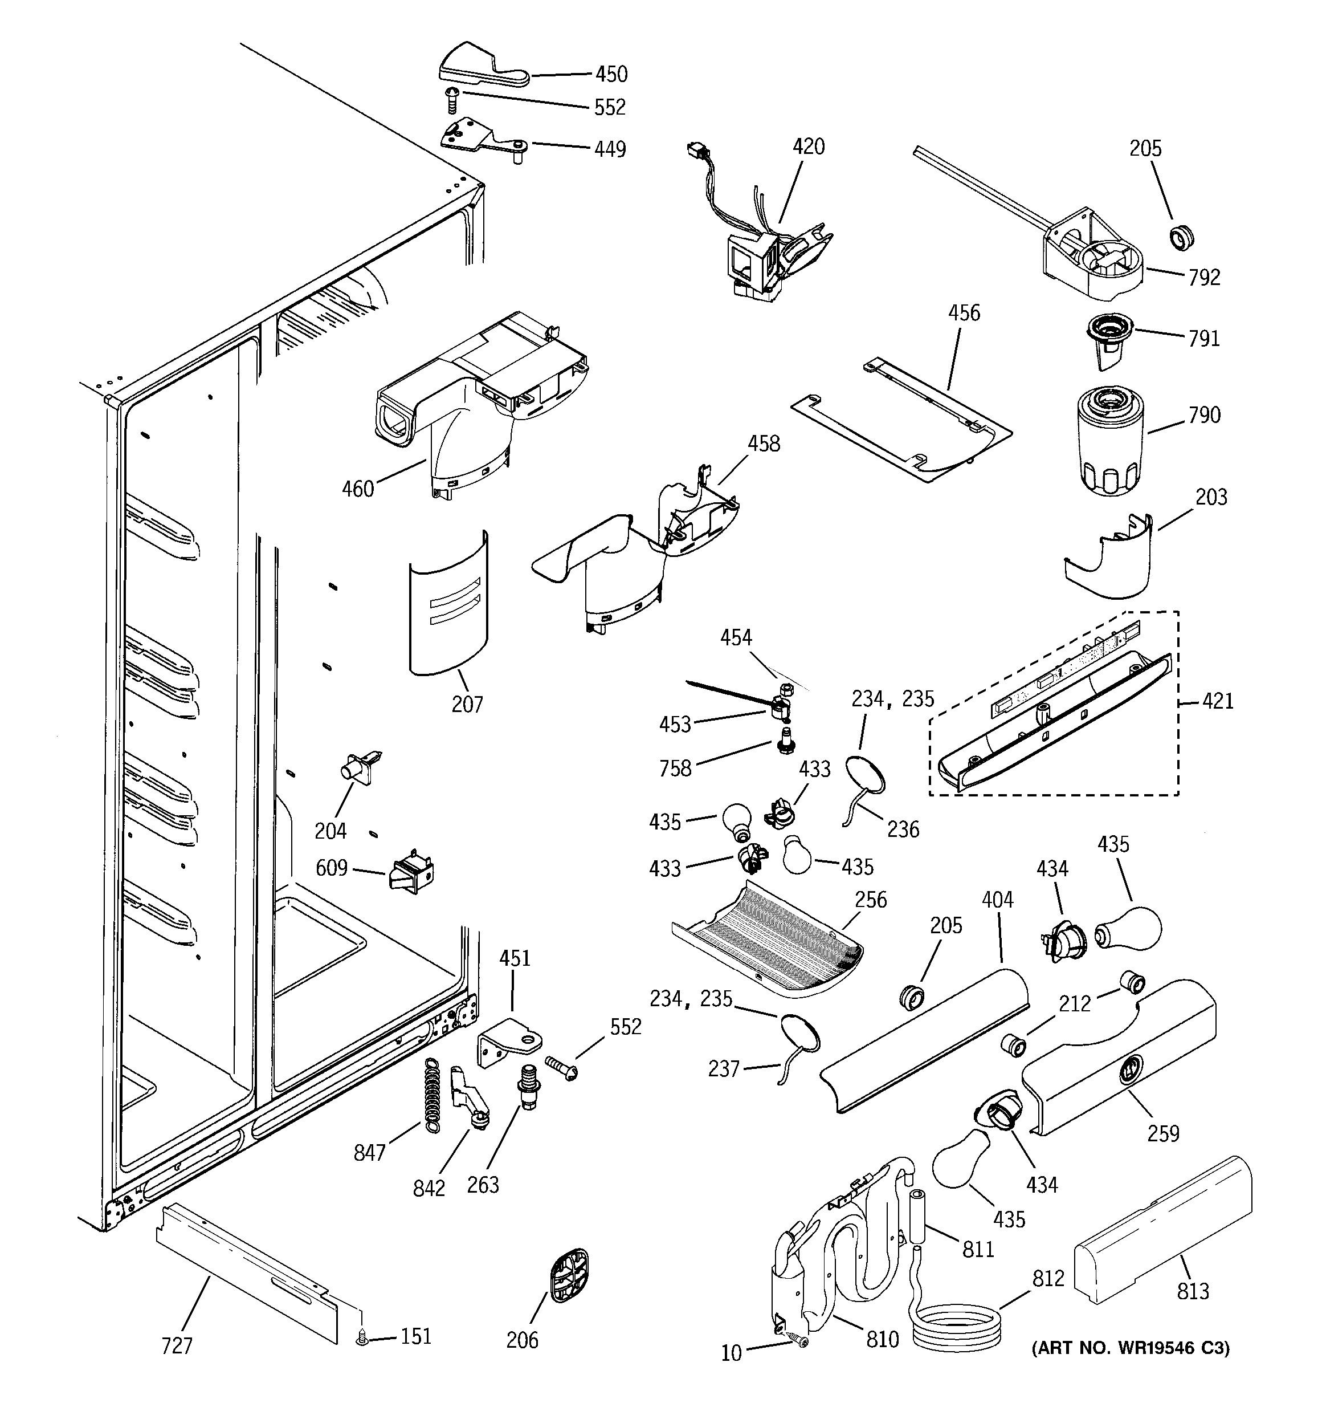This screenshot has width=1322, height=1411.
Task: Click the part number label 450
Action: click(x=610, y=74)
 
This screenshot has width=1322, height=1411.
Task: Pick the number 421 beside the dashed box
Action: click(x=1218, y=701)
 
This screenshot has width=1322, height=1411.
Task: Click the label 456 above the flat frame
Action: click(x=964, y=313)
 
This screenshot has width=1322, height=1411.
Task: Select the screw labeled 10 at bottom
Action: click(x=799, y=1341)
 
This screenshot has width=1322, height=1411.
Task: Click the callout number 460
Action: click(x=358, y=489)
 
